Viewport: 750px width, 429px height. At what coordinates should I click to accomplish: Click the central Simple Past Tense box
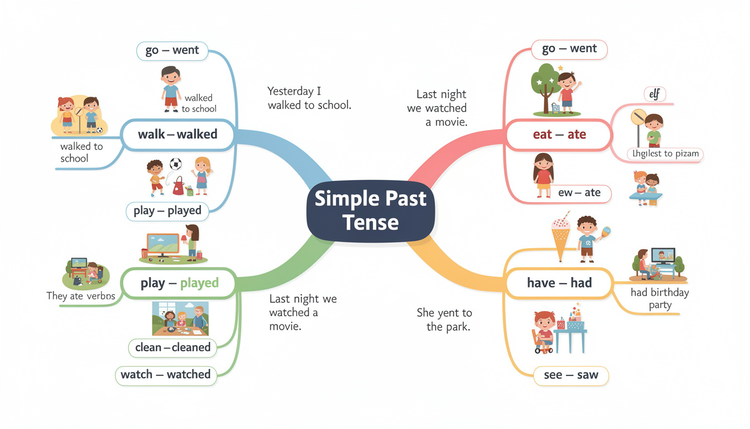pos(371,211)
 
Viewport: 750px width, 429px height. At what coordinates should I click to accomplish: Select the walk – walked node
pos(178,135)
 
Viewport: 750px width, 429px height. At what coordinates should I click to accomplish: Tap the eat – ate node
pos(559,135)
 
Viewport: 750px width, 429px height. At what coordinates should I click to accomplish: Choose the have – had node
pos(559,283)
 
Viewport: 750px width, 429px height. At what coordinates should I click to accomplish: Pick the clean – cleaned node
pos(172,347)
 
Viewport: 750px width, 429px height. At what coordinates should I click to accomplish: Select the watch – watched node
pos(165,374)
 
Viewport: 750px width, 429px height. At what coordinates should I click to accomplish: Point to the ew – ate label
pos(579,193)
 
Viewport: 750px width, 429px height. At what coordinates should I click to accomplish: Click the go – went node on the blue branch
pos(172,50)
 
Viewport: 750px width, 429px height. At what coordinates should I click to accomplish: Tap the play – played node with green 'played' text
pos(171,283)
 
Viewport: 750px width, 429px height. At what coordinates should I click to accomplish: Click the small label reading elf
pos(655,94)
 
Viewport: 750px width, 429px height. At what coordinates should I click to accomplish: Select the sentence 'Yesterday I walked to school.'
pos(309,98)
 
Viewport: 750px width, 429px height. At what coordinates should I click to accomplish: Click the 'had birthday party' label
pos(660,299)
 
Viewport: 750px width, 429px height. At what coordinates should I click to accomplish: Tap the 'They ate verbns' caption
pos(80,296)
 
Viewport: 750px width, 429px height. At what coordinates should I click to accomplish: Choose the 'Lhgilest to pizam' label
pos(665,154)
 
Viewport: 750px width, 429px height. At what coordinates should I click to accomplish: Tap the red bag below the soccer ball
pos(179,185)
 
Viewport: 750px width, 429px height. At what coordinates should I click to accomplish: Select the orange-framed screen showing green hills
pos(162,246)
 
